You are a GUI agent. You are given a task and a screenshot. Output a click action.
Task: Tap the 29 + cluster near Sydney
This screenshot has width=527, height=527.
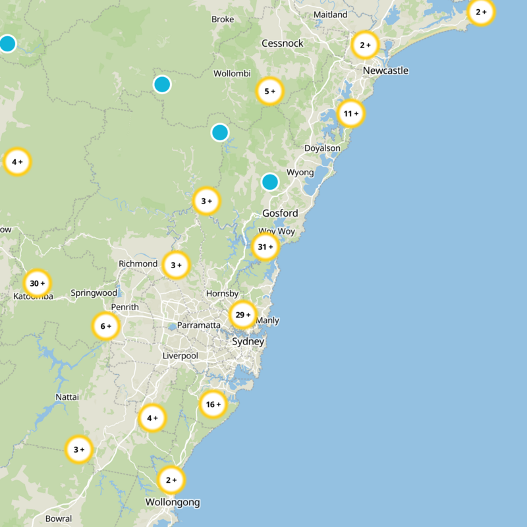[x=243, y=315]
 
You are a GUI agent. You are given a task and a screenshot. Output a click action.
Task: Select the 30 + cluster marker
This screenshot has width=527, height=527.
[x=37, y=283]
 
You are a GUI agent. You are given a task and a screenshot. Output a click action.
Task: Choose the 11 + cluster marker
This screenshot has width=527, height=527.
[x=350, y=113]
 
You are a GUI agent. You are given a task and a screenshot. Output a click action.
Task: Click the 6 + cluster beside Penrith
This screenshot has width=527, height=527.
[x=105, y=326]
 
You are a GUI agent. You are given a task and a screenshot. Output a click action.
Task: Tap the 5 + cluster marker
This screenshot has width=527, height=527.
[x=269, y=92]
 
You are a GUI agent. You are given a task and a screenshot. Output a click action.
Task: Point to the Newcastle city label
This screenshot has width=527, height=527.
[x=385, y=70]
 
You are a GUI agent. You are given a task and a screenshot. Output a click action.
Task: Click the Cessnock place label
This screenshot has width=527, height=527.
[x=282, y=43]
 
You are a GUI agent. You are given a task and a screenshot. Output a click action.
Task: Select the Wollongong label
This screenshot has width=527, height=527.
[x=173, y=502]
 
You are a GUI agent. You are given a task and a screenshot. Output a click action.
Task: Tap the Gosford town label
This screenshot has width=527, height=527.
[x=280, y=213]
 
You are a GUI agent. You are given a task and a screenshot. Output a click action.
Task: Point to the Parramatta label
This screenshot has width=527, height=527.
[x=198, y=325]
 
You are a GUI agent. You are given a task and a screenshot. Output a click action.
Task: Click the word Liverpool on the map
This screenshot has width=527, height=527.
[x=180, y=356]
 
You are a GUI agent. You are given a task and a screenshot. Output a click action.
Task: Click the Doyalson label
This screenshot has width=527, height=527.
[x=322, y=148]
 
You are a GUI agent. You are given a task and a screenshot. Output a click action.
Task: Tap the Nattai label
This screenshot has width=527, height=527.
[x=67, y=397]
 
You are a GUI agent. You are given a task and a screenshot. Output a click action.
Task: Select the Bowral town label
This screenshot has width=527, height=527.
[x=59, y=518]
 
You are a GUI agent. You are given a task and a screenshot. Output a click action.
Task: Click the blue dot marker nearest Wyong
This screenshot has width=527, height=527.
[x=270, y=181]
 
